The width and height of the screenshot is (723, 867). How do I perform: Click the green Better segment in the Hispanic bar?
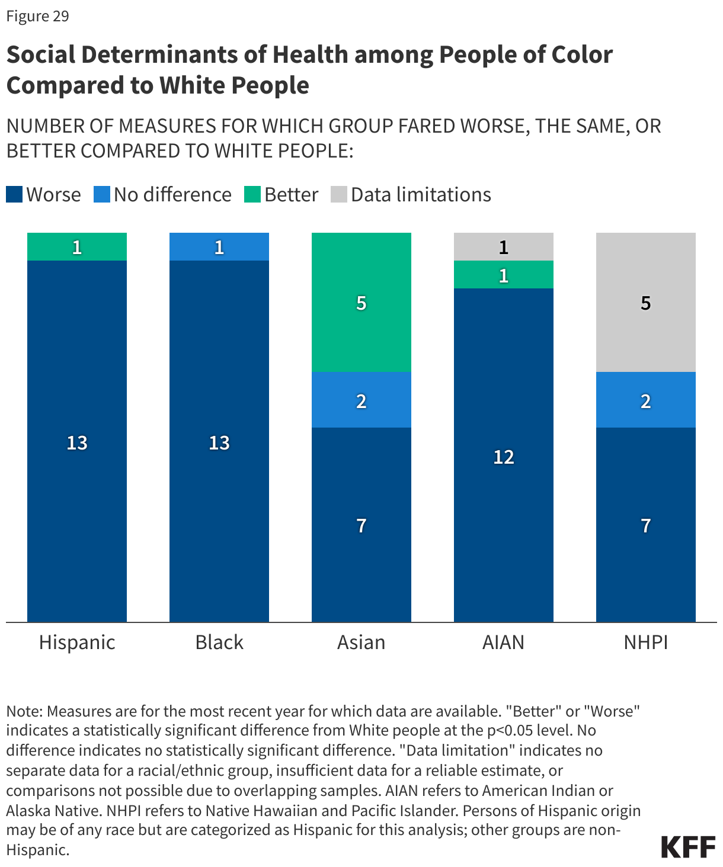pyautogui.click(x=77, y=246)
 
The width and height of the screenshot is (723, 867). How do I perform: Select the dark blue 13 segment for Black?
pyautogui.click(x=219, y=441)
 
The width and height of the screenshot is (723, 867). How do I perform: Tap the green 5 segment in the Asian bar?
pyautogui.click(x=361, y=302)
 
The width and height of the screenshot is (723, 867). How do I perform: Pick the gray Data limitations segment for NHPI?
pyautogui.click(x=646, y=302)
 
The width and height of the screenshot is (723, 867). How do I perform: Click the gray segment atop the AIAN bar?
pyautogui.click(x=504, y=246)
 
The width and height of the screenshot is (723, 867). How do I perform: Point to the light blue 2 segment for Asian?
pyautogui.click(x=361, y=400)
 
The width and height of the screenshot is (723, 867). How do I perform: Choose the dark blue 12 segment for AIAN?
pyautogui.click(x=504, y=455)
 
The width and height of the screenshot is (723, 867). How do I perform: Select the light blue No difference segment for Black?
pyautogui.click(x=219, y=246)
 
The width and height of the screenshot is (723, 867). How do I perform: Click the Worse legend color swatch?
pyautogui.click(x=14, y=195)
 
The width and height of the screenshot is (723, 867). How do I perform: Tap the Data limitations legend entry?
pyautogui.click(x=421, y=195)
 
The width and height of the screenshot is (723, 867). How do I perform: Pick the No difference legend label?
pyautogui.click(x=172, y=195)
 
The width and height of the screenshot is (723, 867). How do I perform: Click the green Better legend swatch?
pyautogui.click(x=252, y=195)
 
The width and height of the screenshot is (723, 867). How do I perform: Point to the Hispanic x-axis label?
pyautogui.click(x=77, y=642)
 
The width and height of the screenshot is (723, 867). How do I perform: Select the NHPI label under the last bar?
pyautogui.click(x=646, y=642)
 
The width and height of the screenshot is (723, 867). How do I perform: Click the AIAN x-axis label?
pyautogui.click(x=504, y=642)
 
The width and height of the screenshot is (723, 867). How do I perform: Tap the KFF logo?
pyautogui.click(x=688, y=847)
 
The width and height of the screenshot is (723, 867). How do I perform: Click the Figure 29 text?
pyautogui.click(x=38, y=16)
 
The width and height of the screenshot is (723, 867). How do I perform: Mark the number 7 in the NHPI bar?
pyautogui.click(x=646, y=525)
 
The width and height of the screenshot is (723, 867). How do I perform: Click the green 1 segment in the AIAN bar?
pyautogui.click(x=504, y=275)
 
